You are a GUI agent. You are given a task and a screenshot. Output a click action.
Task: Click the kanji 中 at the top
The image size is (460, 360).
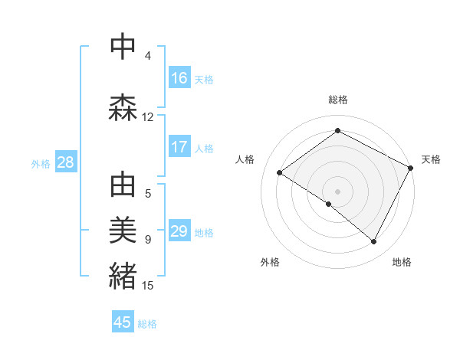[x=123, y=47]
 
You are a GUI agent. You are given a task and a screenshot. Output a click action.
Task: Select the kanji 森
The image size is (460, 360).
[x=123, y=108]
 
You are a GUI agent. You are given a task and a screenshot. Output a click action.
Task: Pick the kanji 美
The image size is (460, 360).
[x=123, y=231]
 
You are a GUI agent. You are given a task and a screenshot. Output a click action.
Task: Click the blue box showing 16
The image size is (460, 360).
[x=179, y=77]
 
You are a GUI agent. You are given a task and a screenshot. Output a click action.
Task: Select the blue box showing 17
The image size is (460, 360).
[x=179, y=146]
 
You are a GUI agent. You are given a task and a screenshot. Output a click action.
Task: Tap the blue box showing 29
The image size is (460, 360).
[x=179, y=231]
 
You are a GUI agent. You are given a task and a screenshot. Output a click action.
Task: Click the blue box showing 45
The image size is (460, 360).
[x=123, y=322]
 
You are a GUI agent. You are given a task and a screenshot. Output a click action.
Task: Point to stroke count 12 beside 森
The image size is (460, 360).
[x=148, y=117]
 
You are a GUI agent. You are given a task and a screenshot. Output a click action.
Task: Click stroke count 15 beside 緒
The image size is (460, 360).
[x=148, y=286]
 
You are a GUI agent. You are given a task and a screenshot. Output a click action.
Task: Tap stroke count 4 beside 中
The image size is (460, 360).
[x=148, y=56]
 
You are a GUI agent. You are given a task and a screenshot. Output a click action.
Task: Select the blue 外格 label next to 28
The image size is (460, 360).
[x=41, y=163]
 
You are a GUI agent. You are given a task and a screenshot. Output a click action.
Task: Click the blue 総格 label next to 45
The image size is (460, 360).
[x=147, y=324]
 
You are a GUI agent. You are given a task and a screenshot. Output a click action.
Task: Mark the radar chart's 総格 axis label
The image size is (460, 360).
[x=338, y=100]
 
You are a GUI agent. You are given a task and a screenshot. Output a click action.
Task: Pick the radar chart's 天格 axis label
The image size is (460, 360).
[x=431, y=159]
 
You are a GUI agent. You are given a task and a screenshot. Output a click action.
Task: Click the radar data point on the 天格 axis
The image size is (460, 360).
[x=411, y=168]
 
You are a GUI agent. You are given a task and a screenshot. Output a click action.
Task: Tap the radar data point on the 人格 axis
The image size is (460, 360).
[x=280, y=173]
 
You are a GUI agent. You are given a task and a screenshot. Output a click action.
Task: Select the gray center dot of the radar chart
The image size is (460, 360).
[x=337, y=191]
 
